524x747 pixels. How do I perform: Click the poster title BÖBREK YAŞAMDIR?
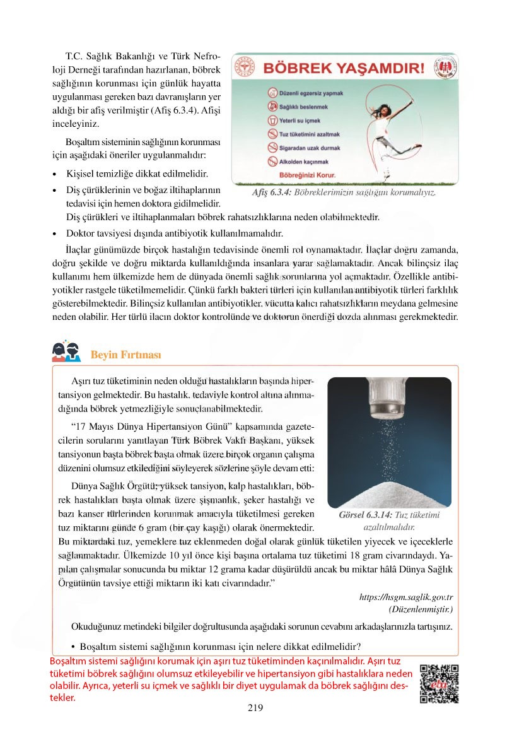click(x=344, y=68)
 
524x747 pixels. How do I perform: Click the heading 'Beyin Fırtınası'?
click(x=125, y=355)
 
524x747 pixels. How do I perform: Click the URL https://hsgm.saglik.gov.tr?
click(x=406, y=597)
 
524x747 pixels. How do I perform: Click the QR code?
click(x=439, y=684)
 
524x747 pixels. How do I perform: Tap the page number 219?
click(x=255, y=708)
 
